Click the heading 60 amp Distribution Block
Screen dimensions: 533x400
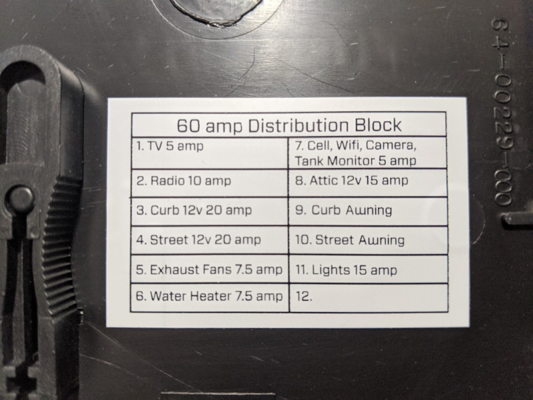[x=289, y=125]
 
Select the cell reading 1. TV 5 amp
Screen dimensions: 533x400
[x=210, y=153]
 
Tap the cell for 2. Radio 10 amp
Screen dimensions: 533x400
[x=210, y=183]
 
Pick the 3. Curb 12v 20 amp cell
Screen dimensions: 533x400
[x=210, y=211]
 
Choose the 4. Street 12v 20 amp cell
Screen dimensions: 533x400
[x=210, y=240]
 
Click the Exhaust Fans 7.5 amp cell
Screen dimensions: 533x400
[x=210, y=269]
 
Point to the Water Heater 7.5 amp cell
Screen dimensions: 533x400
[x=210, y=297]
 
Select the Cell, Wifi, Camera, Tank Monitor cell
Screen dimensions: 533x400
[x=367, y=153]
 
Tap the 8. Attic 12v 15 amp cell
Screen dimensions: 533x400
[x=368, y=183]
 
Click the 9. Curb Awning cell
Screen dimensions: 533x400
[x=368, y=211]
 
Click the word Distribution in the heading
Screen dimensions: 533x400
[x=298, y=125]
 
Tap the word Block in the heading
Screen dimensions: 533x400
[x=378, y=125]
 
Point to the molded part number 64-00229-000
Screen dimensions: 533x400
[x=502, y=111]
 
